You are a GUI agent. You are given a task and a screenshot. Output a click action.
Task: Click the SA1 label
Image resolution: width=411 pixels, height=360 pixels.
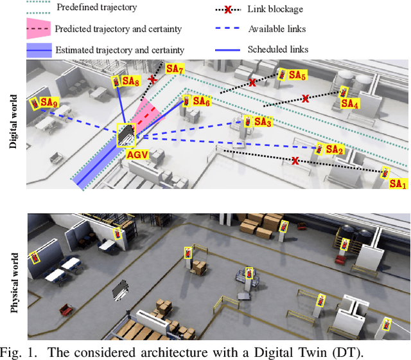(x=398, y=184)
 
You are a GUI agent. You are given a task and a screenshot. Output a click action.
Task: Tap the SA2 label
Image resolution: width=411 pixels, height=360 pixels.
(x=335, y=150)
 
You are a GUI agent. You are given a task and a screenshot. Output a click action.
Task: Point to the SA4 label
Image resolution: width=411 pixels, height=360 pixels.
(x=350, y=103)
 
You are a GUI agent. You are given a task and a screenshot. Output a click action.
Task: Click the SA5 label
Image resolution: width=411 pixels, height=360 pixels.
(x=297, y=75)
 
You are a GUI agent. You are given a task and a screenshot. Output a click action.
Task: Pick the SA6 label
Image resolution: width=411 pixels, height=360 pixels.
(x=201, y=102)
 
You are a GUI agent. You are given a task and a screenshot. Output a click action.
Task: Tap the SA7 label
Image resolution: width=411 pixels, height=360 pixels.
(x=175, y=69)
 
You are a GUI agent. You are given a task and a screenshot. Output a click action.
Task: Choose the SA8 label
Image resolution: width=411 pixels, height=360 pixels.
(x=130, y=82)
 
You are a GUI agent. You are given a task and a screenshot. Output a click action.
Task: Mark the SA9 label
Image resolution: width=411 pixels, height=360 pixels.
(x=49, y=102)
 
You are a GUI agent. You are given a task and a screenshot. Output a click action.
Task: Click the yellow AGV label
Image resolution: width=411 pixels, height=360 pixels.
(x=136, y=154)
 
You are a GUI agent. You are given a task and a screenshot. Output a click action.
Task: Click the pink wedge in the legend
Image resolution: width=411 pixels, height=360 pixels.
(x=38, y=28)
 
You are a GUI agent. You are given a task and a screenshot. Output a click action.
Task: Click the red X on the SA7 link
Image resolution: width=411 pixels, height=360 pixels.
(x=152, y=79)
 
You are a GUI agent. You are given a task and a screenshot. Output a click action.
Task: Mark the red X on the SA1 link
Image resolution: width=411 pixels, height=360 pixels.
(x=295, y=160)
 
